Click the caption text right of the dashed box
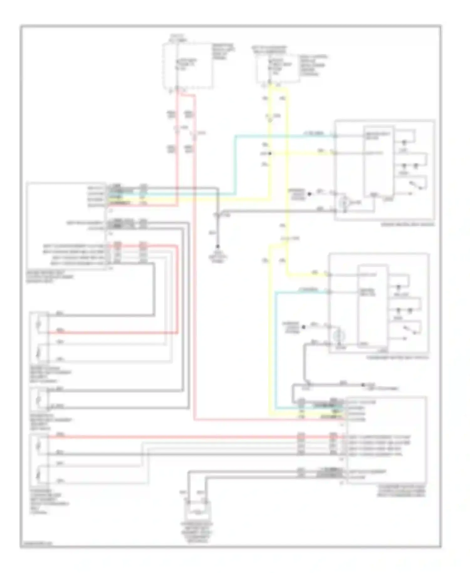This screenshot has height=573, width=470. pos(223,52)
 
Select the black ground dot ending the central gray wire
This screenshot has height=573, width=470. pos(218,247)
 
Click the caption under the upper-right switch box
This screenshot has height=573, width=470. pos(408,224)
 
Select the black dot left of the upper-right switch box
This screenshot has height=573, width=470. pos(309,194)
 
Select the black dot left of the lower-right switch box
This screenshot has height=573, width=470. pos(303,327)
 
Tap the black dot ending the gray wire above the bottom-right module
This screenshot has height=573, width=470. pos(363,385)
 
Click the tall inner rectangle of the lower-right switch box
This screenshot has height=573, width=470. pos(373,306)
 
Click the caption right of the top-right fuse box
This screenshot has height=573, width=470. pos(313,66)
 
